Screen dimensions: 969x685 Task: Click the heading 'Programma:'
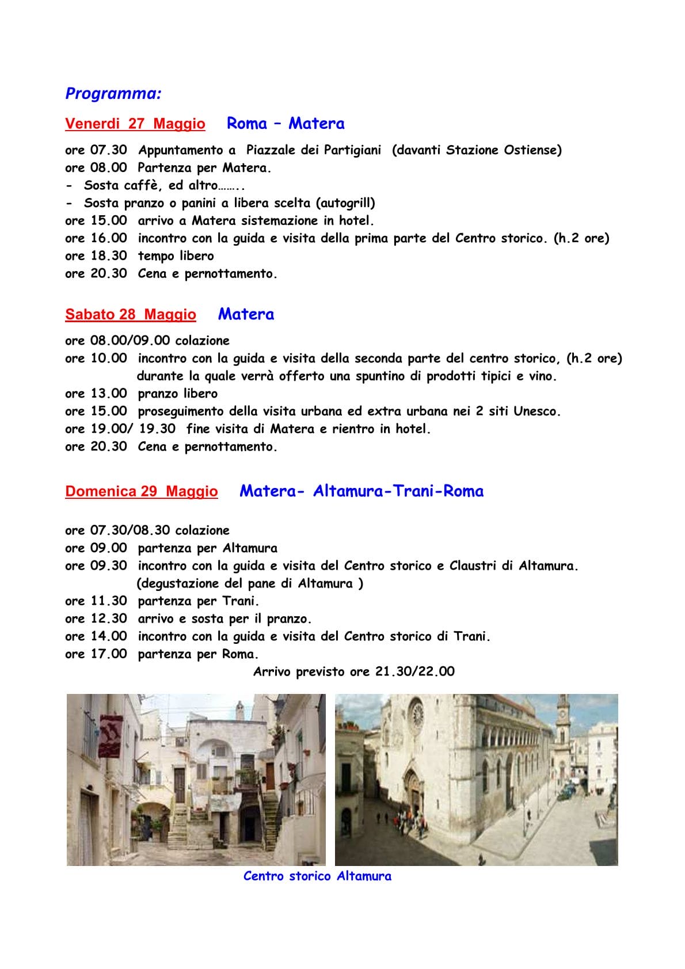coord(113,93)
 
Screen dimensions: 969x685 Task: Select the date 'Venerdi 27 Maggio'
coord(135,124)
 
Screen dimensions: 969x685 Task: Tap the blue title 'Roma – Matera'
coord(286,123)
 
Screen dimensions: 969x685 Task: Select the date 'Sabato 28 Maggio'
coord(130,315)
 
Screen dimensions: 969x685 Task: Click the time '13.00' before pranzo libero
coord(109,394)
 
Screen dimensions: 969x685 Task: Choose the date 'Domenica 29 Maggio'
coord(141,491)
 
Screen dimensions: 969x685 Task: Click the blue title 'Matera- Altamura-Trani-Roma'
coord(361,491)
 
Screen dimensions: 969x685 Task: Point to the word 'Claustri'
coord(473,566)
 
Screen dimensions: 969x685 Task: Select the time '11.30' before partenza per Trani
coord(109,601)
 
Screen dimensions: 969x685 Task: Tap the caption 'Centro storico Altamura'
coord(317,876)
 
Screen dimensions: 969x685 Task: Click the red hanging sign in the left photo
coord(107,735)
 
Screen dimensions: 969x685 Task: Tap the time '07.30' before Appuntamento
coord(109,150)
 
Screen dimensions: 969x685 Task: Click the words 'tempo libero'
coord(176,256)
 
